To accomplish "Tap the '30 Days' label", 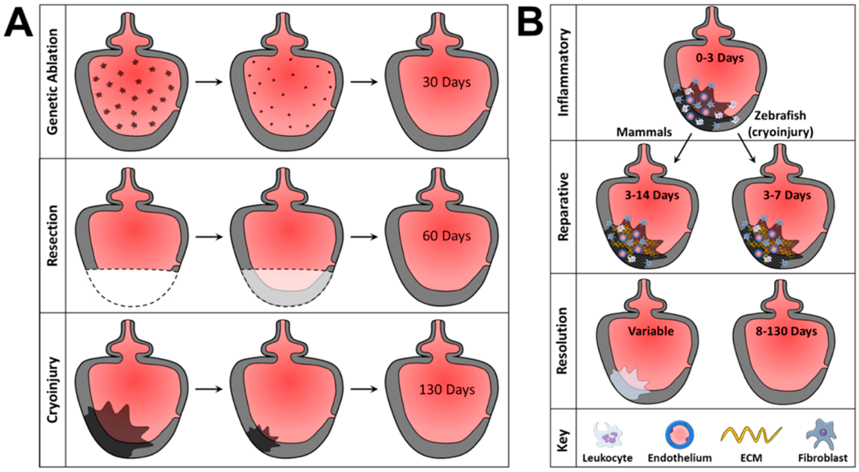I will click(x=447, y=82).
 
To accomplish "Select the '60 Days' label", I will click(x=447, y=236).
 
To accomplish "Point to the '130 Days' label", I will click(x=447, y=390).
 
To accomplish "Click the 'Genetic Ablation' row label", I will click(x=53, y=82).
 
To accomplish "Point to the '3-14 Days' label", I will click(x=652, y=195).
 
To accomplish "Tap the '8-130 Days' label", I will click(x=786, y=331).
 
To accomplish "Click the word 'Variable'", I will click(x=651, y=331).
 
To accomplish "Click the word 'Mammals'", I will click(x=644, y=132).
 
